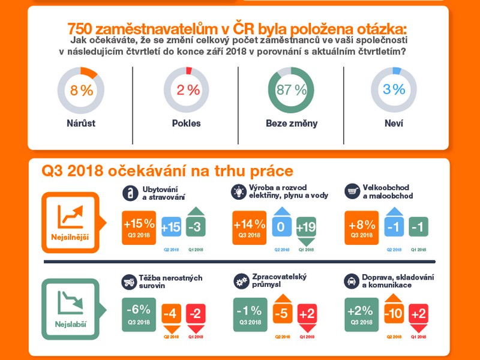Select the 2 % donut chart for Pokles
(187, 91)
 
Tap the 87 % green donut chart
(292, 91)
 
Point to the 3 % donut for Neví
(394, 91)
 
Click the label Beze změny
(292, 124)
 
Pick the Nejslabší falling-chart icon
(71, 303)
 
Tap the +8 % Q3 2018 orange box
(362, 227)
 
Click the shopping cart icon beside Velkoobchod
(352, 191)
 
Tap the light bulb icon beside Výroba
(239, 191)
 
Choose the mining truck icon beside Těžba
(128, 281)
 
